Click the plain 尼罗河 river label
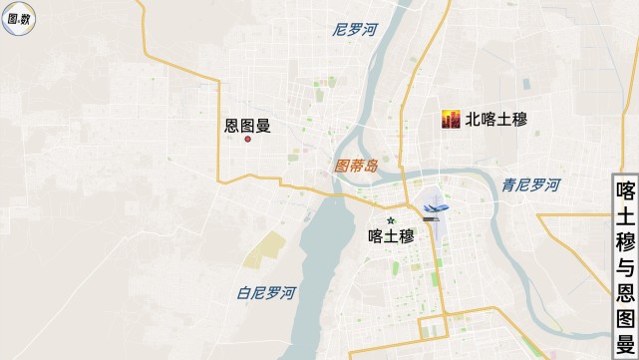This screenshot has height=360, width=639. [x=355, y=30]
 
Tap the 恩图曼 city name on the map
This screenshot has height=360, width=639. [x=248, y=126]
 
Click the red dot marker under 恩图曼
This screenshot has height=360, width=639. [x=248, y=139]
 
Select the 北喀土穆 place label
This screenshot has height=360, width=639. [x=495, y=120]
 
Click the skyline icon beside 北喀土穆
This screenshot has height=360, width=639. [x=453, y=120]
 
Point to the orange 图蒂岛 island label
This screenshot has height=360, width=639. [x=356, y=167]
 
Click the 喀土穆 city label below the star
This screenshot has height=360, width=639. [x=391, y=236]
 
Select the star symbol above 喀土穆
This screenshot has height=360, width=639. [x=391, y=219]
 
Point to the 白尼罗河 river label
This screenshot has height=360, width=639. [x=266, y=293]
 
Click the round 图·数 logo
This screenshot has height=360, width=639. [x=17, y=17]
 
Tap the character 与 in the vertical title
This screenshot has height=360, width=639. [x=625, y=267]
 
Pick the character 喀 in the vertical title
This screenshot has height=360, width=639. [x=625, y=189]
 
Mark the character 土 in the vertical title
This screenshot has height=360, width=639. [x=625, y=215]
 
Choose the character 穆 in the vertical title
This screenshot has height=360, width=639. [x=625, y=241]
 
